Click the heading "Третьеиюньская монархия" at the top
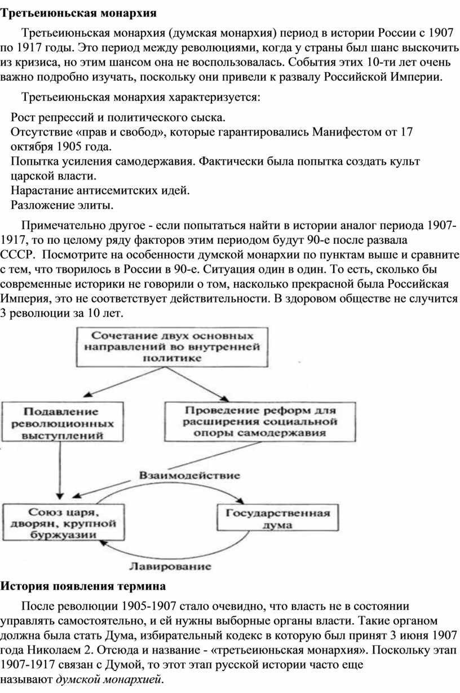click(78, 14)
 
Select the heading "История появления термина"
click(83, 586)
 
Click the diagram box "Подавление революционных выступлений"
click(63, 422)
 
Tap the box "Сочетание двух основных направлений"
click(172, 347)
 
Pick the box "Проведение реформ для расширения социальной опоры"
click(260, 422)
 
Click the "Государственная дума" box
click(277, 517)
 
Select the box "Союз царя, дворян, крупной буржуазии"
click(64, 523)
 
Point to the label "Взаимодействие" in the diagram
click(189, 475)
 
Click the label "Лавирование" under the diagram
click(170, 566)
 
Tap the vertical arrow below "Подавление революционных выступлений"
click(60, 470)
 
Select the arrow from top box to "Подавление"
click(125, 381)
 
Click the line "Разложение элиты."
click(62, 205)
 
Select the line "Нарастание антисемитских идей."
click(100, 191)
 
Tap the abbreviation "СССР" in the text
click(16, 255)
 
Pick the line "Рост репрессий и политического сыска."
click(118, 117)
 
